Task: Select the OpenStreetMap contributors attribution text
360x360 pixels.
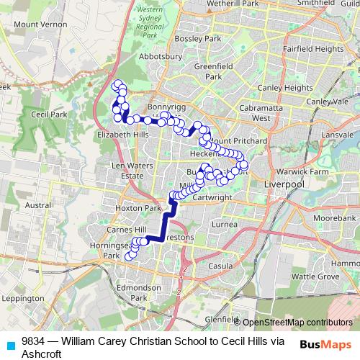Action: [x=297, y=322]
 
